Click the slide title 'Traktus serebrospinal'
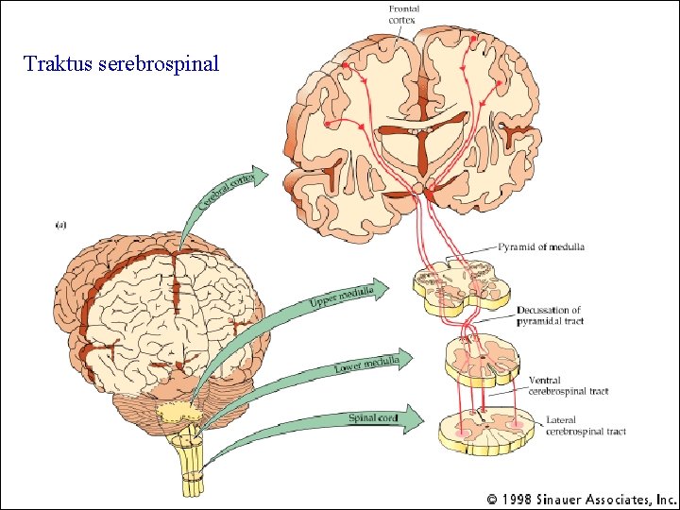point(122,64)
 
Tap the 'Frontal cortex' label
point(403,14)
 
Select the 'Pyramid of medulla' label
point(541,246)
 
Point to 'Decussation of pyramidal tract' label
point(549,314)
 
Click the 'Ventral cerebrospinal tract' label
point(568,385)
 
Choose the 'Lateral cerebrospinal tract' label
point(586,426)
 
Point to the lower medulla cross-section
point(482,360)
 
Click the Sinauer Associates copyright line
point(581,498)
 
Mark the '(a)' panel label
point(61,225)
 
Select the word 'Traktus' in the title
point(58,64)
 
